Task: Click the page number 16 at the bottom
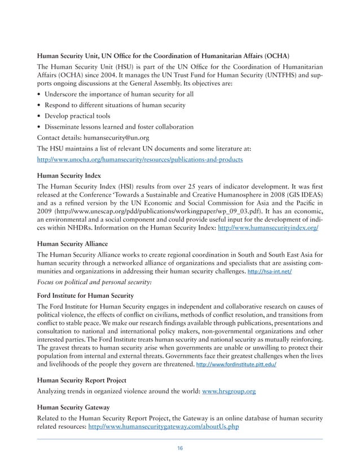coord(180,448)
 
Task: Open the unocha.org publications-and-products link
coord(139,160)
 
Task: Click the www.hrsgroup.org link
coord(229,393)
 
